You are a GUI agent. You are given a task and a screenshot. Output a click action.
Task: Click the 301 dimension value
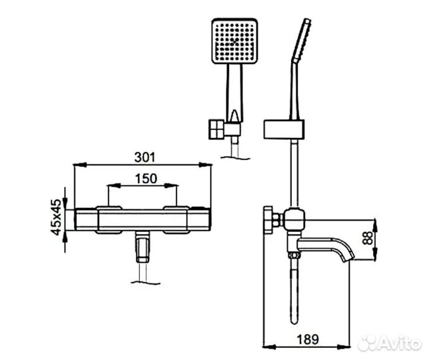pos(145,157)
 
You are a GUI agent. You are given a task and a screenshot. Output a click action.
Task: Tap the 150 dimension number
pos(146,179)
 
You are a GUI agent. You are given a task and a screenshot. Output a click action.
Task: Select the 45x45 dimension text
pos(56,217)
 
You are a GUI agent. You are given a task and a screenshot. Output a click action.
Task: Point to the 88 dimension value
pos(368,238)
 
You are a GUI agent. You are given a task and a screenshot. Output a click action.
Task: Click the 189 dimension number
pos(308,340)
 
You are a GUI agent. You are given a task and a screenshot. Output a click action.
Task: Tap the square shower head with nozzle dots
pos(234,41)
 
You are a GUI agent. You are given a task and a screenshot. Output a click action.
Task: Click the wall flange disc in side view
pos(268,220)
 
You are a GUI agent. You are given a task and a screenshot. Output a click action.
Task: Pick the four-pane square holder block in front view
pos(217,129)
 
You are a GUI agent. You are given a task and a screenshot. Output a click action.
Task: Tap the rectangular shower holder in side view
pos(284,129)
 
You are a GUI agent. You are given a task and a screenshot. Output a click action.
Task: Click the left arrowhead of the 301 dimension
pos(80,165)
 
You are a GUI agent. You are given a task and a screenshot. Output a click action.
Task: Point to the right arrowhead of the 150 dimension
pos(171,185)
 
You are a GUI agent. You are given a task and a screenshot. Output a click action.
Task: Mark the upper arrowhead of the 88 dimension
pos(376,225)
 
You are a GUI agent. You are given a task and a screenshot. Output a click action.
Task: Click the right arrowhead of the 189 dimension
pos(344,347)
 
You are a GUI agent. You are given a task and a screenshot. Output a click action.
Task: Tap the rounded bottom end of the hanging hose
pos(294,320)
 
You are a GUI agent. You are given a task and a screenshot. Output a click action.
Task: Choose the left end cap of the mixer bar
pos(86,219)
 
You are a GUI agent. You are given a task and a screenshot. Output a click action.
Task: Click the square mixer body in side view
pos(294,219)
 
